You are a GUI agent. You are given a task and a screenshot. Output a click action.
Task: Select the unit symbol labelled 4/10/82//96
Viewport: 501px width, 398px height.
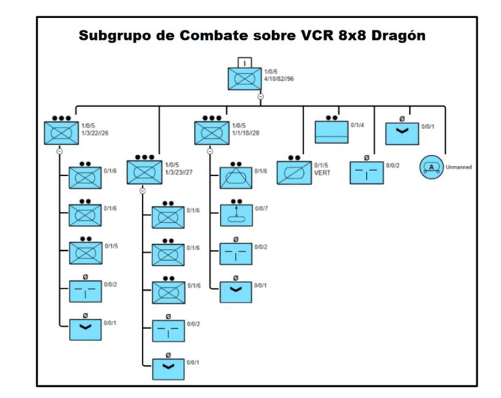click(245, 79)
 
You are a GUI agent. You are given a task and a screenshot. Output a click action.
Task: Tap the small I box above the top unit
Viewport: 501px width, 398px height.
click(245, 61)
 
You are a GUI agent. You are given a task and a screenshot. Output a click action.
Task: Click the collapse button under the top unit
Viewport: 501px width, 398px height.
click(260, 95)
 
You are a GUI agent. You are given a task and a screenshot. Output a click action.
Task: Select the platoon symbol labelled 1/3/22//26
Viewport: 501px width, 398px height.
click(61, 132)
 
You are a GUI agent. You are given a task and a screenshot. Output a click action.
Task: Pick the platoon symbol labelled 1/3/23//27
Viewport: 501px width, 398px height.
click(144, 172)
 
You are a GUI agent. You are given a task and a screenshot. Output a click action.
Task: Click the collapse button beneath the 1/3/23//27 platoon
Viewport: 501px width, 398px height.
click(143, 190)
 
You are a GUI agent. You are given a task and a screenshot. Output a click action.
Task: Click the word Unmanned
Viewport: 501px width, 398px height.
click(459, 167)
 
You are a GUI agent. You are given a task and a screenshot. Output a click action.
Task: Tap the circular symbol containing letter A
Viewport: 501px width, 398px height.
click(431, 167)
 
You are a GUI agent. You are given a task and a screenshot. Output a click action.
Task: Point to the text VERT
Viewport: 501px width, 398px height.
click(322, 173)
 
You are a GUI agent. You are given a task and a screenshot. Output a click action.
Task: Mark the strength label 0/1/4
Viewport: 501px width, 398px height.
click(357, 125)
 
